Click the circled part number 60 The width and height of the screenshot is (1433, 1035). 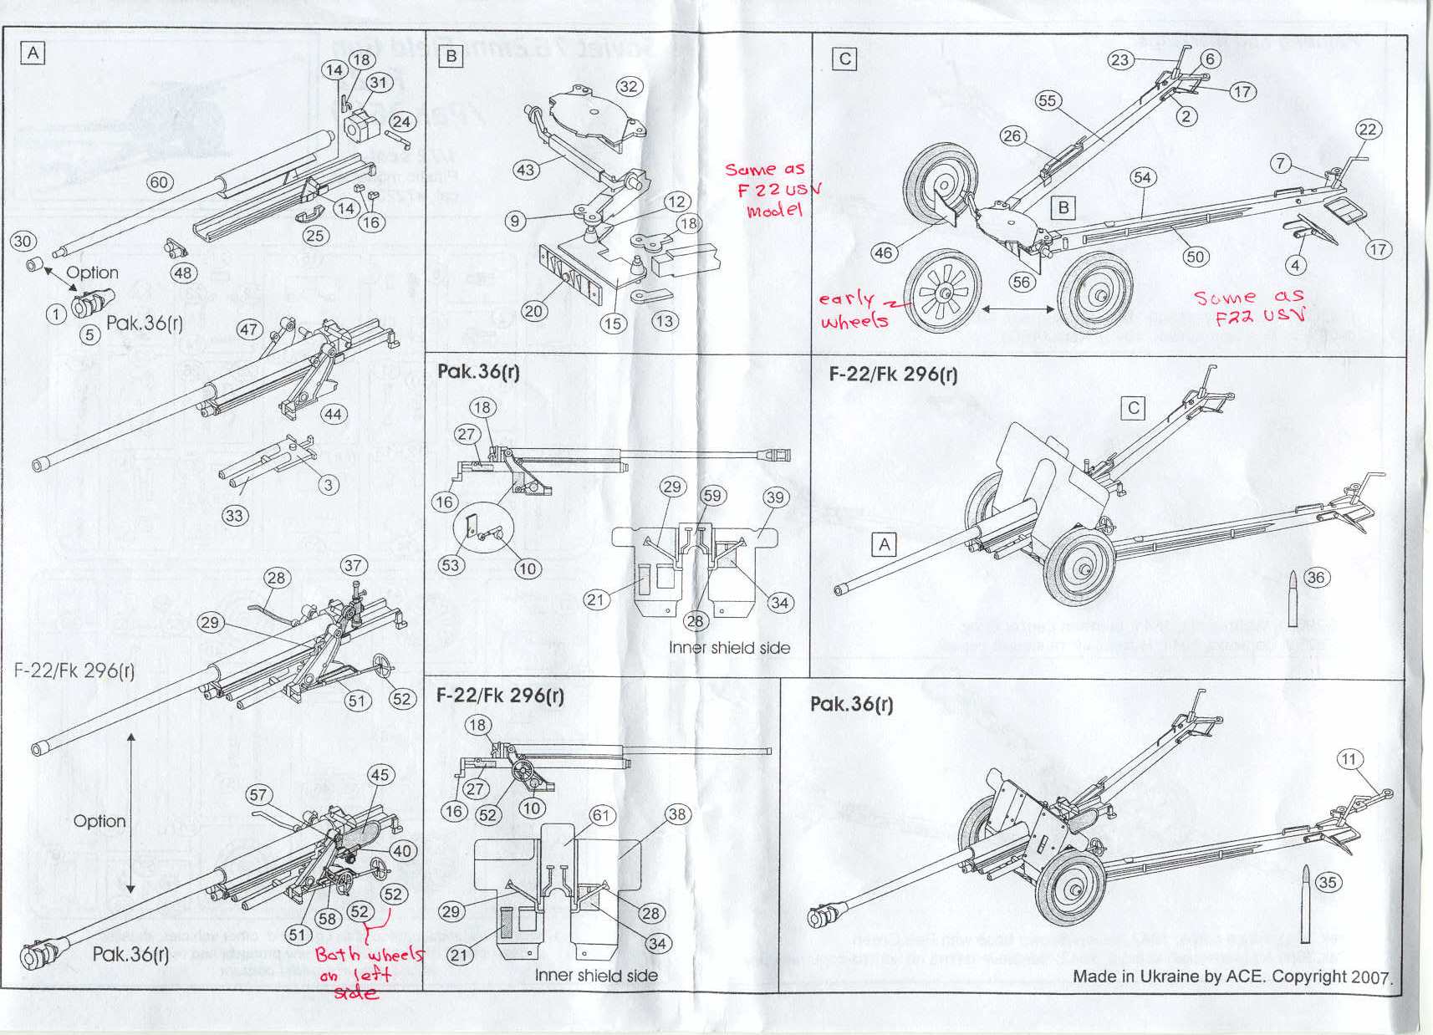(x=159, y=182)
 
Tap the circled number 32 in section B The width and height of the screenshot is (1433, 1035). (x=629, y=87)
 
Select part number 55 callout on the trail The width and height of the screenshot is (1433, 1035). (x=1048, y=101)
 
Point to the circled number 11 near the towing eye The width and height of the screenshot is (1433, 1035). (x=1349, y=759)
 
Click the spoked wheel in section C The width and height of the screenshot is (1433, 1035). (x=943, y=292)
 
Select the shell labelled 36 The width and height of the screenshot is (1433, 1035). (x=1293, y=598)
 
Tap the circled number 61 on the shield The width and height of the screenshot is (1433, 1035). (x=601, y=815)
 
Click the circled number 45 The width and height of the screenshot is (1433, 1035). (x=380, y=775)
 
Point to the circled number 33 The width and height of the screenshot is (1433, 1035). (x=234, y=516)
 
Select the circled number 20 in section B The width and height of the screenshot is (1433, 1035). (x=533, y=311)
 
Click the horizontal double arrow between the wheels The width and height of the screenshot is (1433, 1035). (x=1017, y=309)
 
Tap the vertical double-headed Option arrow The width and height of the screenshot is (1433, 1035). (x=131, y=812)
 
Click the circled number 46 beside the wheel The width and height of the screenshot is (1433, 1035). (x=884, y=252)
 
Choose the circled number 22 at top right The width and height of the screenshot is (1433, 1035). (x=1368, y=130)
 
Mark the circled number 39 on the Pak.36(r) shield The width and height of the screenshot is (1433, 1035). (x=775, y=497)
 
